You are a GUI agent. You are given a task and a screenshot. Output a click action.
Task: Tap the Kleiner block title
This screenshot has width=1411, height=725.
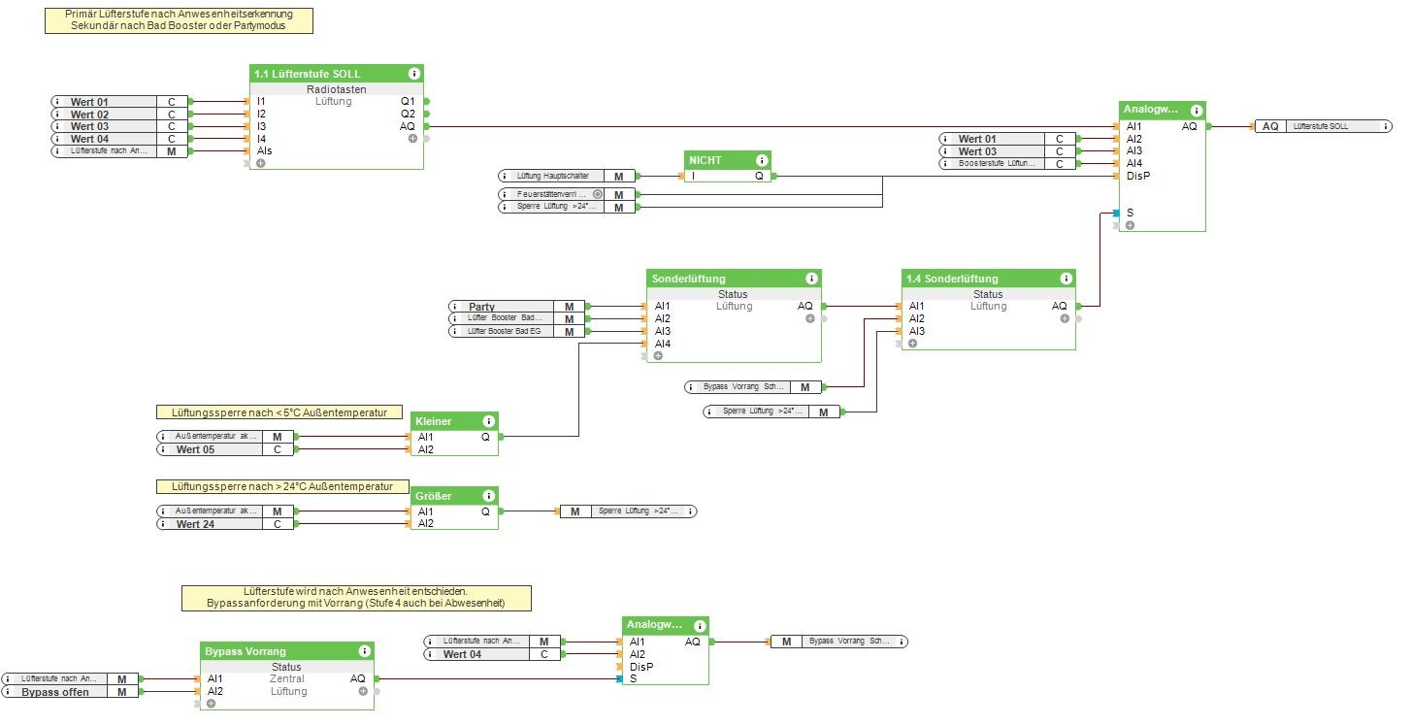[433, 421]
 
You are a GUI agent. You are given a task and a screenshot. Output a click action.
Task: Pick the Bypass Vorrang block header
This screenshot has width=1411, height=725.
[245, 651]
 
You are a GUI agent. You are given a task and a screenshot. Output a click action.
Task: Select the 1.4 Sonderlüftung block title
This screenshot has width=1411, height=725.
[951, 279]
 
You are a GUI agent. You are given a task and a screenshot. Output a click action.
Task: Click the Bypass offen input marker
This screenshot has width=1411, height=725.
[55, 692]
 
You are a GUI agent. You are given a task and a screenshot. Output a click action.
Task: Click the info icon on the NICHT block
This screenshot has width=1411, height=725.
[762, 160]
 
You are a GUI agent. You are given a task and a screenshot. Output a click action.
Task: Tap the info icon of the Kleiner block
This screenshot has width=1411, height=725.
[488, 421]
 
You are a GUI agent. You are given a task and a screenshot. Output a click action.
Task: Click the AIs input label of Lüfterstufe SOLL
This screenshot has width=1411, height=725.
[265, 151]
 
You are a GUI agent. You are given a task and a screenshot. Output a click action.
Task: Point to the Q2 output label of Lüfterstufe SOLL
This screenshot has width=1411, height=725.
[408, 114]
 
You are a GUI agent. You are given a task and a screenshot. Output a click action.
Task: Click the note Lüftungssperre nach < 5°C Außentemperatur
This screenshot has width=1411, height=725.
[279, 412]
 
